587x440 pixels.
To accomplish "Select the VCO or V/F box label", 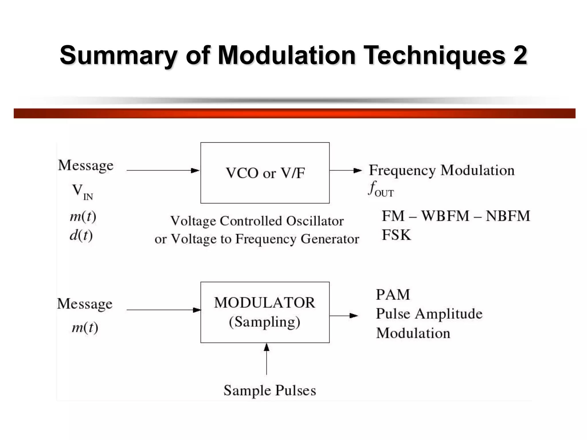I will tap(265, 173).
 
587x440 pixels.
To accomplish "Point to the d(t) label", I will tap(81, 235).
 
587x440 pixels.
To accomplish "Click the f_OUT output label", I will tap(381, 189).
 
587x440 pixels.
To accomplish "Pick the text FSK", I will tap(396, 235).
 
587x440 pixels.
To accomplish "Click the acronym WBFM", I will tap(445, 216).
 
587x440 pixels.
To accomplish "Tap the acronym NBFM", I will tap(508, 216).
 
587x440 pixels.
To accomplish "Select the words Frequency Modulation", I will tap(441, 170).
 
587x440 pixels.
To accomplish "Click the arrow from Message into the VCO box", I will tap(163, 170).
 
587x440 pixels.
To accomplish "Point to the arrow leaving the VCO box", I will tap(345, 170).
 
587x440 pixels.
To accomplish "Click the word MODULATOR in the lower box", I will tap(265, 302).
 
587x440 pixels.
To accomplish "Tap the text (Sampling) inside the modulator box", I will tap(265, 322).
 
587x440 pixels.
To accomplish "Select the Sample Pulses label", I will tap(269, 390).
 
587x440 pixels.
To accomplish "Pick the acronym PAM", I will tap(393, 294).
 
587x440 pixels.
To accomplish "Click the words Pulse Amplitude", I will tap(429, 314).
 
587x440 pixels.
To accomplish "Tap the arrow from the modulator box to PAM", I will tap(344, 316).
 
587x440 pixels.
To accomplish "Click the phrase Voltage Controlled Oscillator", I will tap(257, 221).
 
